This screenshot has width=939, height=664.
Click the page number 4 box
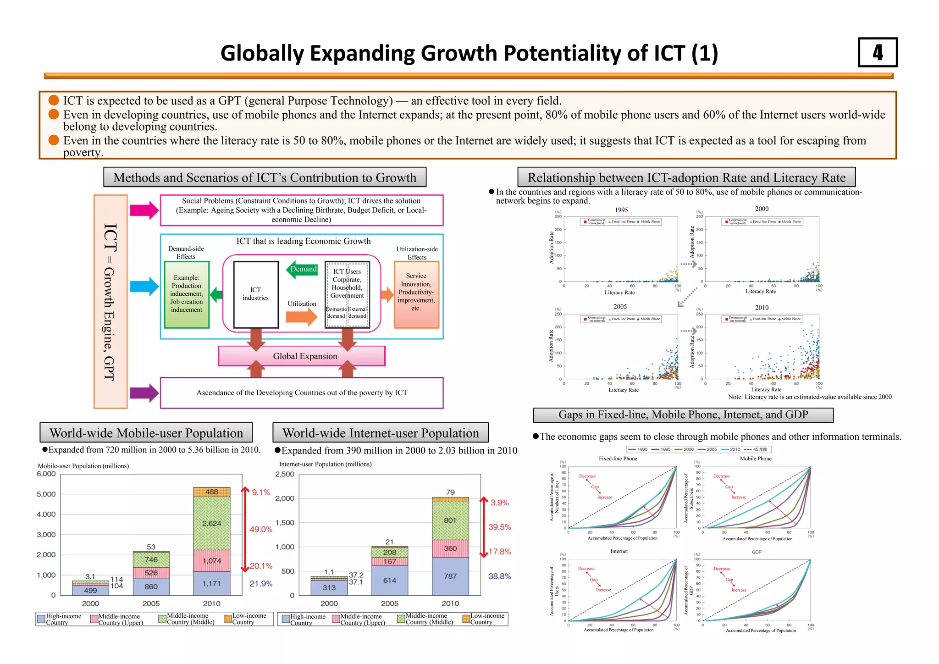[x=877, y=52]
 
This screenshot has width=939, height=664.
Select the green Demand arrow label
[x=303, y=269]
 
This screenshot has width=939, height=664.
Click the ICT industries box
[x=256, y=294]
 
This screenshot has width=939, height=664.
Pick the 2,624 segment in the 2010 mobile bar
[x=211, y=523]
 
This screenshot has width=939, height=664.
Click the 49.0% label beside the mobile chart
[x=261, y=529]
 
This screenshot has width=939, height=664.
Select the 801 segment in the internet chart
[x=450, y=520]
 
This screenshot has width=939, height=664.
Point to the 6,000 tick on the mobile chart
[x=46, y=474]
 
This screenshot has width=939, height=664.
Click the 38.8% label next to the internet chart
[x=499, y=576]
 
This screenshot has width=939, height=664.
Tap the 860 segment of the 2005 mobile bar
[x=151, y=587]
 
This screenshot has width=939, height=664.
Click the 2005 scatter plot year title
[x=620, y=306]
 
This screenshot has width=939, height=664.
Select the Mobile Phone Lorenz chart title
[x=755, y=458]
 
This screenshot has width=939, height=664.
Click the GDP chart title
[x=756, y=552]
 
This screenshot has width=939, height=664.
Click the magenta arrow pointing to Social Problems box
[x=144, y=210]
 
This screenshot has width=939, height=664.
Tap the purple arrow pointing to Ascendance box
[x=144, y=393]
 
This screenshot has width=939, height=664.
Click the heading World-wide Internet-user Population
[x=380, y=433]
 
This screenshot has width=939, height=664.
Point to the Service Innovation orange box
[x=416, y=294]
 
